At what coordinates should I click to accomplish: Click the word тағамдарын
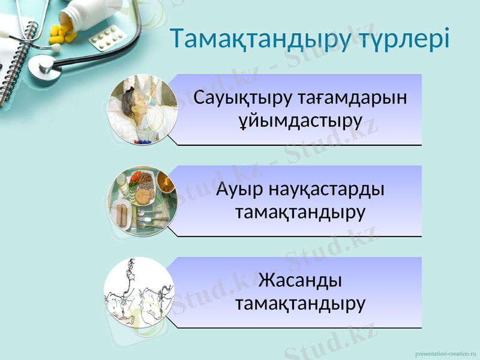tap(352, 97)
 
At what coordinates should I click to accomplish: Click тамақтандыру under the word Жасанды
tap(300, 303)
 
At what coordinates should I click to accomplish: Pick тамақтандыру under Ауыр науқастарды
tap(300, 212)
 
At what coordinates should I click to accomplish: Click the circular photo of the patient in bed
tap(143, 110)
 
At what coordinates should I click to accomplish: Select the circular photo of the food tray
tap(143, 201)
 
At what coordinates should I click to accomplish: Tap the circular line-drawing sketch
tap(139, 292)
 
